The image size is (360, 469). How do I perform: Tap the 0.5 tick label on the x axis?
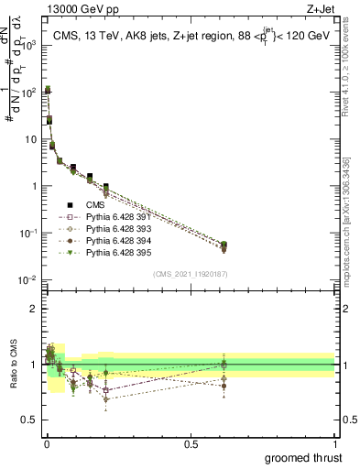point(191,442)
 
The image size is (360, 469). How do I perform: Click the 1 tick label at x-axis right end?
point(335,442)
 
